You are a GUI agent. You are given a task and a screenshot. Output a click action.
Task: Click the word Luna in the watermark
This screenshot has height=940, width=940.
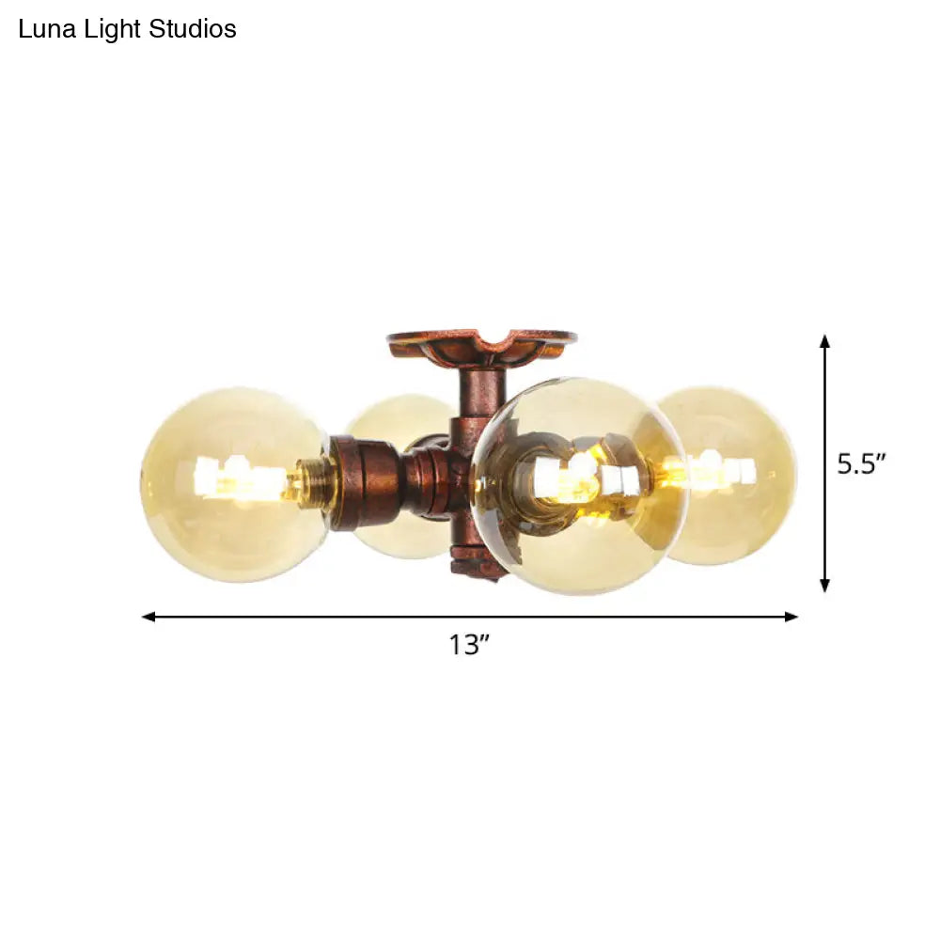42,30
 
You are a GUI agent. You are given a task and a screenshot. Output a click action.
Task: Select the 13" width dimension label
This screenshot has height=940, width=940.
469,646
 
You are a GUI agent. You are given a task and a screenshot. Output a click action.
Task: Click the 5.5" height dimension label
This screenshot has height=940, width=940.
862,463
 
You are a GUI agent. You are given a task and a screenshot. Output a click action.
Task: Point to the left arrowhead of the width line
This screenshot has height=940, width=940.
149,617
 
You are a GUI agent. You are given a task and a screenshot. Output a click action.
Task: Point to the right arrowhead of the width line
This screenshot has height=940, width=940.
791,617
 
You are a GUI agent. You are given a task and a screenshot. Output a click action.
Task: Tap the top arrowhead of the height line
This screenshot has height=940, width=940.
824,340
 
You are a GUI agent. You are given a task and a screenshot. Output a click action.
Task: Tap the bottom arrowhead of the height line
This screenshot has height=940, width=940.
824,586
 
